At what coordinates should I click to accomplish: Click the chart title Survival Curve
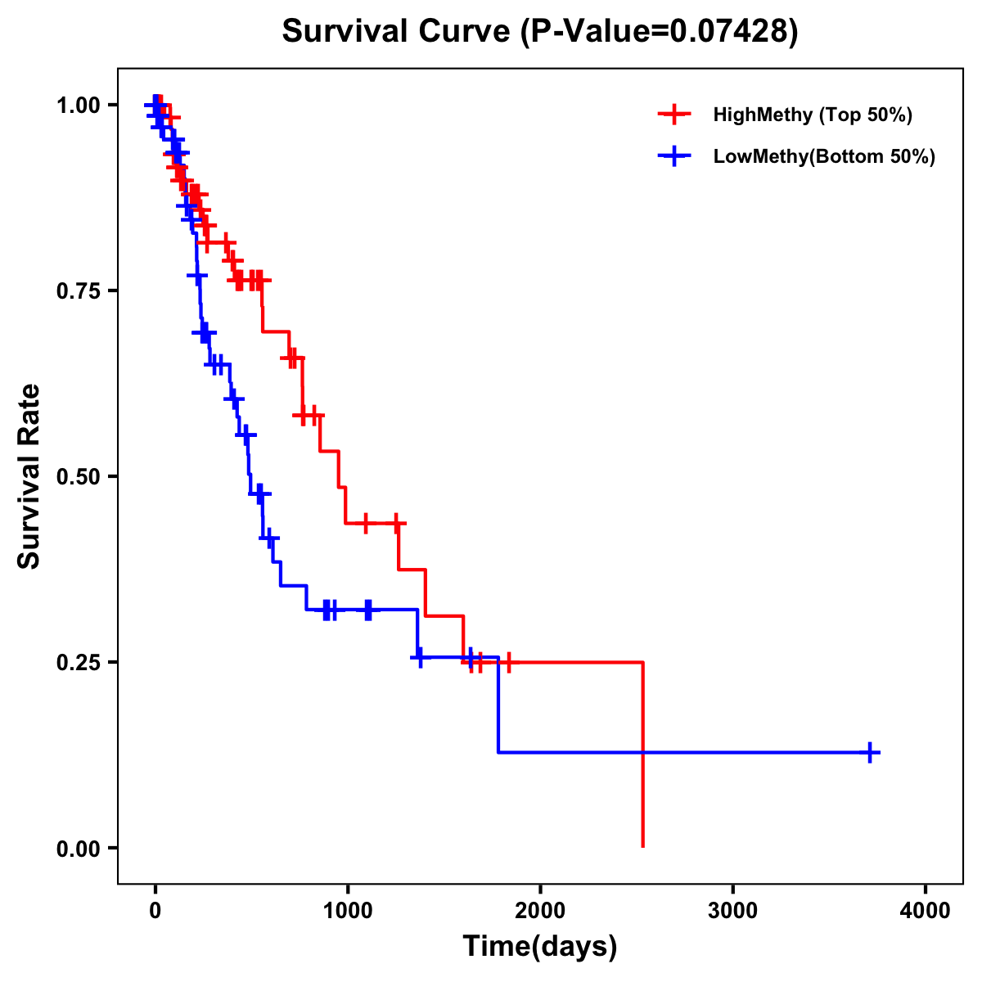[397, 32]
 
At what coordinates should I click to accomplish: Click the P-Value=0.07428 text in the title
[660, 32]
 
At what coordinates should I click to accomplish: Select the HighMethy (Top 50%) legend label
[812, 115]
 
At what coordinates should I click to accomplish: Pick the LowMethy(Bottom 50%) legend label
[824, 156]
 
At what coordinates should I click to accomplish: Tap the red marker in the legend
[673, 115]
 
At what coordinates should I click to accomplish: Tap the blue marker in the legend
[673, 156]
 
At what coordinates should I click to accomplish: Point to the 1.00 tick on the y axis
[77, 105]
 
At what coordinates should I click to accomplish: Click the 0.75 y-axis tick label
[77, 291]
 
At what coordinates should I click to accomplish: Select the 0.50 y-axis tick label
[77, 476]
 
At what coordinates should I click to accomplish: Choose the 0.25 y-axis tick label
[77, 662]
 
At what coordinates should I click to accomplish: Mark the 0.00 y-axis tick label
[77, 848]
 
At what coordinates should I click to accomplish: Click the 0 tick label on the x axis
[155, 911]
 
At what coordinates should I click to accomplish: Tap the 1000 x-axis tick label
[347, 911]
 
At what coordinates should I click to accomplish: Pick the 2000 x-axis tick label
[540, 911]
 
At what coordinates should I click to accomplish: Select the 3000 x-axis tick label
[732, 911]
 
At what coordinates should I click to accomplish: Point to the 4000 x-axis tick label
[926, 911]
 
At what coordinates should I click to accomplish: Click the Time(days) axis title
[540, 947]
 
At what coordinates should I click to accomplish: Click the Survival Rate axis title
[29, 475]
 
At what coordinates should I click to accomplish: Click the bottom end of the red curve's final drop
[643, 845]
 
